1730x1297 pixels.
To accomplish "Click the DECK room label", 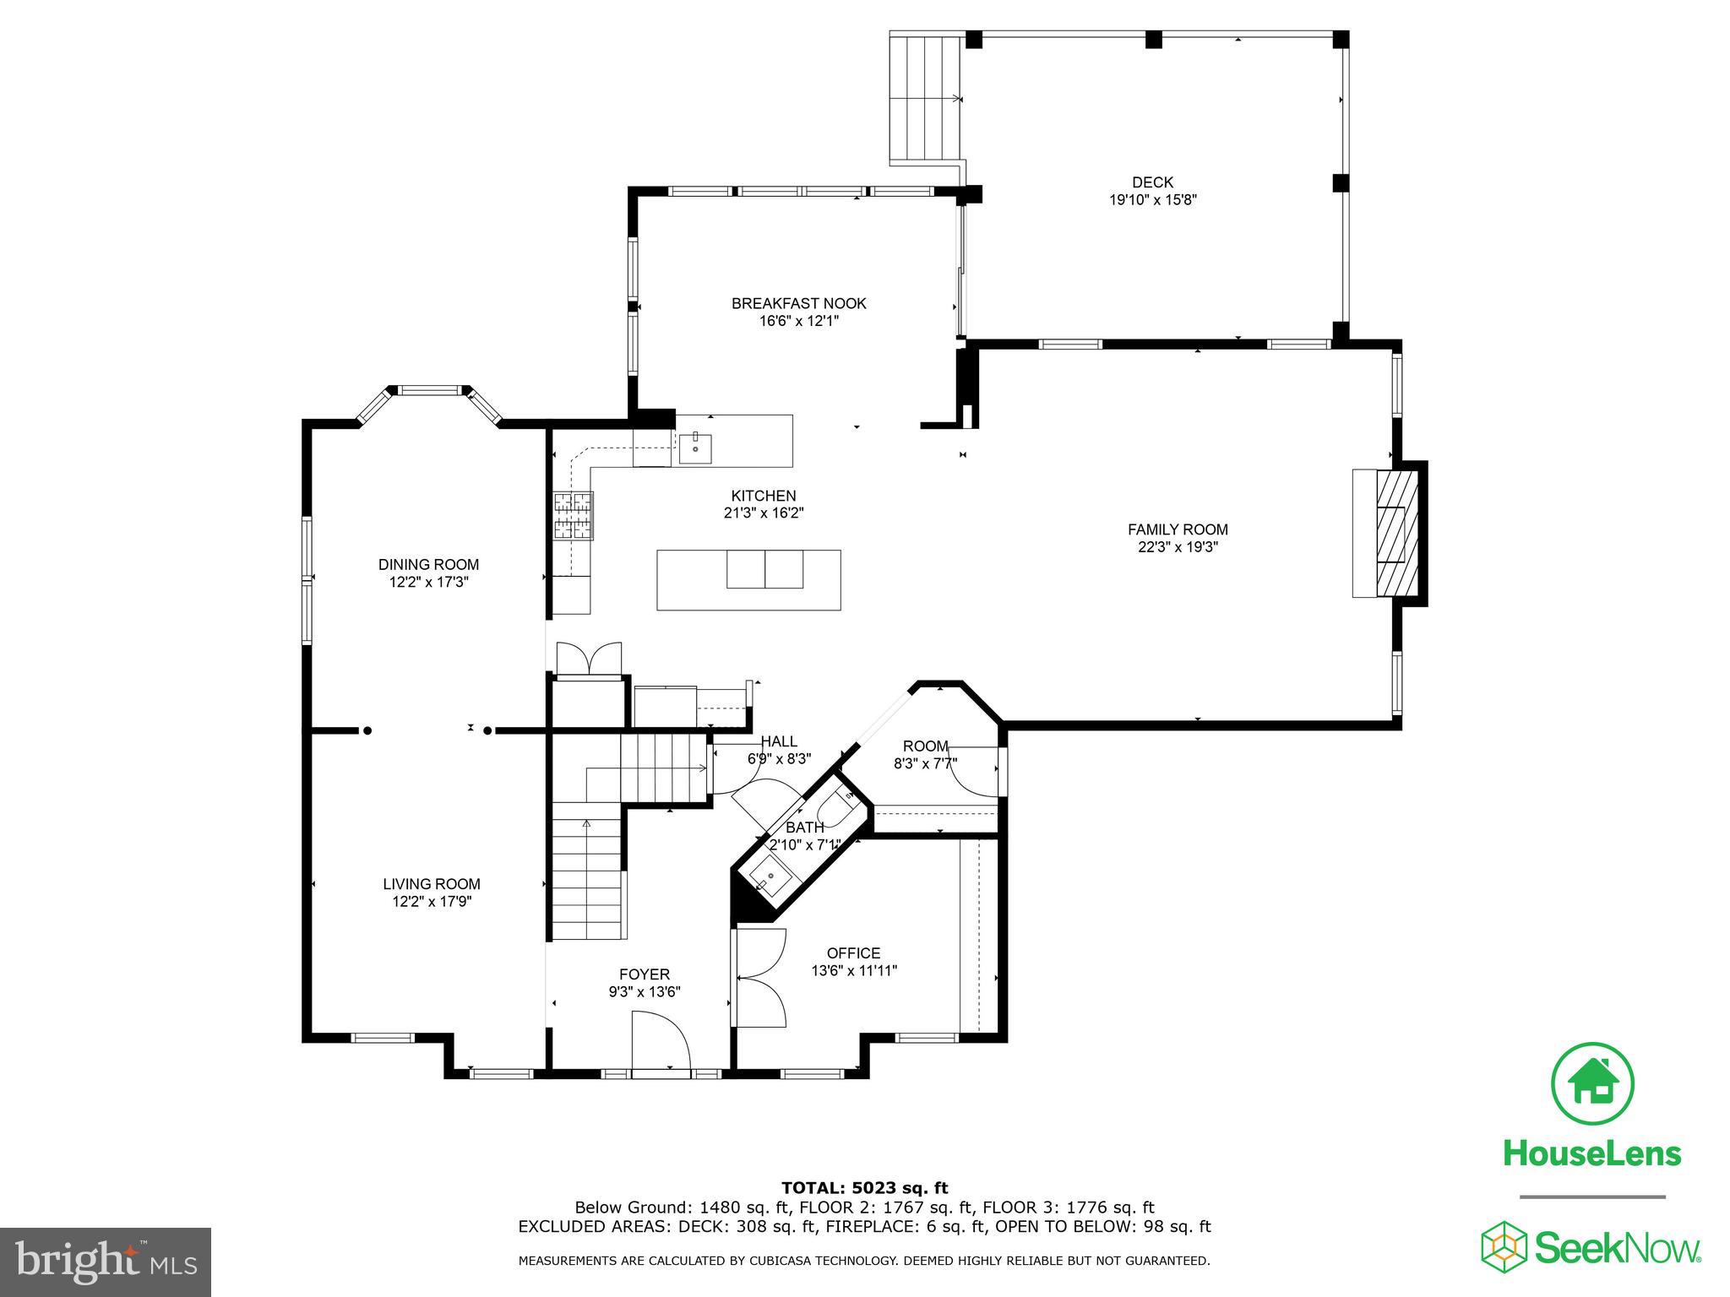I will (x=1152, y=182).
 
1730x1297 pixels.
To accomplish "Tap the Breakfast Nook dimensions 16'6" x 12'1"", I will (x=798, y=321).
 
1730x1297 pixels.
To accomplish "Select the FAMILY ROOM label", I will (x=1178, y=529).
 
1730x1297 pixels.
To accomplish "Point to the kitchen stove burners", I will (x=574, y=515).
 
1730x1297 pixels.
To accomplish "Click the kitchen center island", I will (x=748, y=579).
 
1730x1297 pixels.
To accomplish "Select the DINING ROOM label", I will (x=428, y=565).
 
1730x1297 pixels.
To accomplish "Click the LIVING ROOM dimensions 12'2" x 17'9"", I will (x=431, y=902).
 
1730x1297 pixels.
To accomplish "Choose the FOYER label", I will (x=645, y=974).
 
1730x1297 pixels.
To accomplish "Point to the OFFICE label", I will (x=853, y=953).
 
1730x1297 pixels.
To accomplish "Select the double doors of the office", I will (x=760, y=978).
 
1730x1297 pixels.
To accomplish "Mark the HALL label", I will (x=778, y=742).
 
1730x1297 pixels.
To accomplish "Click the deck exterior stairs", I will (x=927, y=99).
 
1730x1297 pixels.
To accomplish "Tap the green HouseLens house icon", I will (x=1592, y=1083).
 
